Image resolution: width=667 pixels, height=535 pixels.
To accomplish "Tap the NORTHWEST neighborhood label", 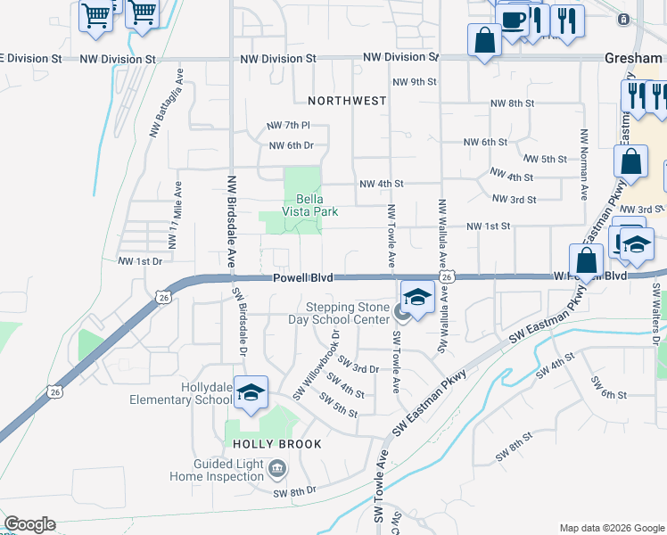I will click(347, 101).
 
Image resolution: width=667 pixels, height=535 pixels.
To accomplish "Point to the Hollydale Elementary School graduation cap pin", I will click(251, 393).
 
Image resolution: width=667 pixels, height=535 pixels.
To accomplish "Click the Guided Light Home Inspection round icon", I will click(278, 468).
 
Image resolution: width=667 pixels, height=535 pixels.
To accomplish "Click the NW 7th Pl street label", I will click(287, 126).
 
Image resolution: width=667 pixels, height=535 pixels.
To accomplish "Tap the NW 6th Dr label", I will click(291, 145).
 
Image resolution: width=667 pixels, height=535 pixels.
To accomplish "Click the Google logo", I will click(29, 524).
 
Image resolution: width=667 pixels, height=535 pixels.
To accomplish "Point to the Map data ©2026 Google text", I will click(611, 527).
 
